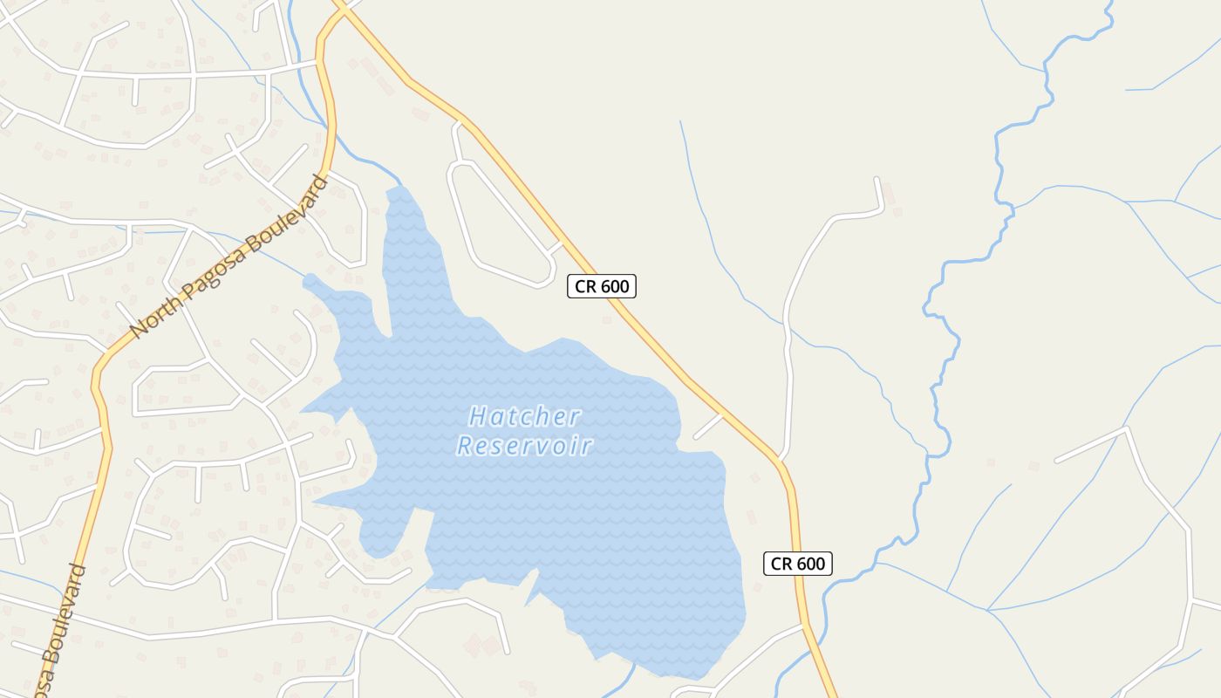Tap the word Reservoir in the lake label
pyautogui.click(x=524, y=446)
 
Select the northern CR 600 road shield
pyautogui.click(x=602, y=286)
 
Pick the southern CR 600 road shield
pyautogui.click(x=798, y=564)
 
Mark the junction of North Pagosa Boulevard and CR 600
pyautogui.click(x=338, y=9)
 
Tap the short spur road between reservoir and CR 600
pyautogui.click(x=708, y=426)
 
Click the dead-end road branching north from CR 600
pyautogui.click(x=789, y=349)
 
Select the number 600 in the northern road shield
pyautogui.click(x=614, y=286)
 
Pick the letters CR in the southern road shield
pyautogui.click(x=781, y=564)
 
